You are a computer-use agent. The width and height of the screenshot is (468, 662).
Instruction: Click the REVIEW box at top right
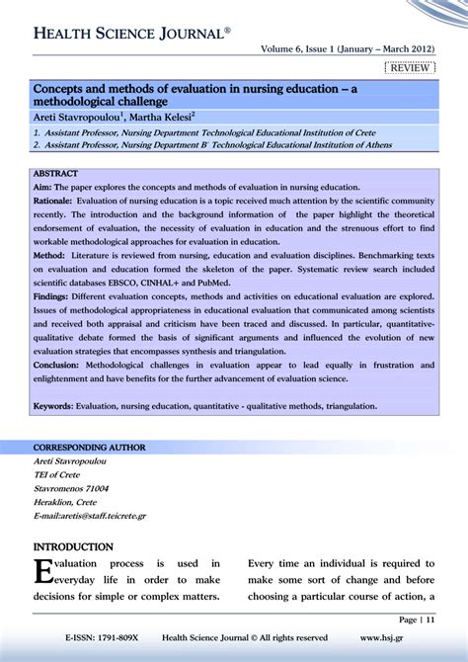coord(409,67)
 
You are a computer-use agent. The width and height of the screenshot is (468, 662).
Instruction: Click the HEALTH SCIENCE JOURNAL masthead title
coord(132,34)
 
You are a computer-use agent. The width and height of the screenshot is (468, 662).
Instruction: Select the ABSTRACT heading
coord(55,173)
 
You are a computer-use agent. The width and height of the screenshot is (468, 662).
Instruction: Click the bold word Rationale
coord(54,200)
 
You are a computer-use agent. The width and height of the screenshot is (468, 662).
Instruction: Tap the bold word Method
coord(49,254)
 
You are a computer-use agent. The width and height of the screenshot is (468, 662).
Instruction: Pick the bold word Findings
coord(53,294)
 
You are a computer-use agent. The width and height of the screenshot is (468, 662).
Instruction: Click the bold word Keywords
coord(55,405)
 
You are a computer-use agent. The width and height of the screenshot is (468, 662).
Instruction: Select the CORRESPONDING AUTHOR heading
coord(89,448)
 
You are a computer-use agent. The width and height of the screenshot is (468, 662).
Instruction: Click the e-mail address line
coord(90,516)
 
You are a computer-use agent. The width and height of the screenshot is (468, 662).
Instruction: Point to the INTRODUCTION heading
coord(73,546)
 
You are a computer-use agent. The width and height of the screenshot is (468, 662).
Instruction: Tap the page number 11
coord(429,620)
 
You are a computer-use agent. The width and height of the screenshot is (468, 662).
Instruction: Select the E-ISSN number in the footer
coord(102,637)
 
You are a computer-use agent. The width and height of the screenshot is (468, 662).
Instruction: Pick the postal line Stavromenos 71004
coord(71,488)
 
